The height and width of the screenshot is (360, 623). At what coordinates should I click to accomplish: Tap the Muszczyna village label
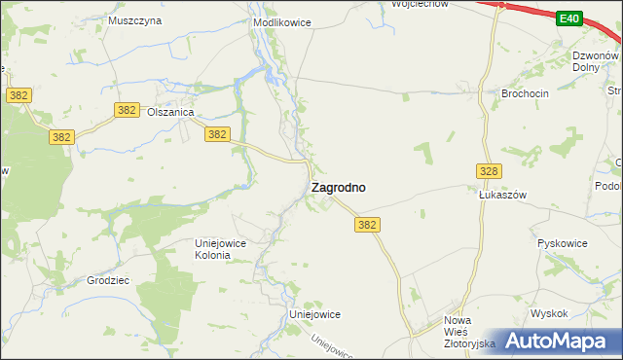click(x=134, y=20)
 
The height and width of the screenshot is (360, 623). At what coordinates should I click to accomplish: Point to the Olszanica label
click(x=171, y=113)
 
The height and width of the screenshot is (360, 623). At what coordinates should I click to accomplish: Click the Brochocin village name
click(x=526, y=93)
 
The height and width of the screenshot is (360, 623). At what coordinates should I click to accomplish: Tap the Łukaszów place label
click(x=502, y=195)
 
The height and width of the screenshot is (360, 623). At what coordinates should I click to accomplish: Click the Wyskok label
click(x=549, y=313)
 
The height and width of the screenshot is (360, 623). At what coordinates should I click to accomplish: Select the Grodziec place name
click(x=108, y=280)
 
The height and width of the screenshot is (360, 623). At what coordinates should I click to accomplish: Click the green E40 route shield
click(x=569, y=18)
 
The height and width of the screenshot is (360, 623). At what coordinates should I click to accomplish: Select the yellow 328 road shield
click(x=489, y=171)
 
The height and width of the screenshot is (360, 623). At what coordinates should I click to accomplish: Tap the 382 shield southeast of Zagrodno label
click(x=366, y=225)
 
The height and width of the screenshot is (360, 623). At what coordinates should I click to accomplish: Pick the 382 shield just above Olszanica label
click(x=126, y=110)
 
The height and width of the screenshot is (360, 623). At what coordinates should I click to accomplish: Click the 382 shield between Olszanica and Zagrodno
click(x=217, y=135)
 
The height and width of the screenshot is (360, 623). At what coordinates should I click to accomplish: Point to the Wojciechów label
click(x=420, y=4)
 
